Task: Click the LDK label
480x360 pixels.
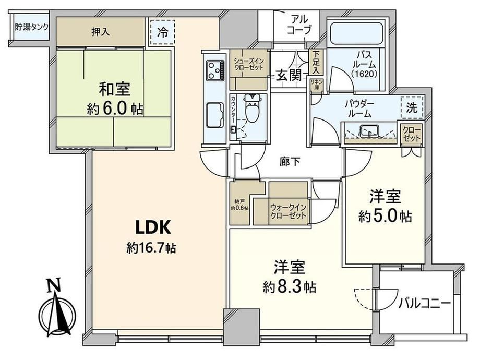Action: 152,227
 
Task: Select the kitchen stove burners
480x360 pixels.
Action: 215,70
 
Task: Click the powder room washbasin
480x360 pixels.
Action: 369,131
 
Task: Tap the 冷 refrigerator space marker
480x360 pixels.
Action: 163,32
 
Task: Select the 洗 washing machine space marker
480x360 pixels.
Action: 412,107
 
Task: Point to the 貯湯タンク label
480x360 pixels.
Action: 31,27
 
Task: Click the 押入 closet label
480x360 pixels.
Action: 100,32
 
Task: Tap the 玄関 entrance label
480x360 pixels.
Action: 289,75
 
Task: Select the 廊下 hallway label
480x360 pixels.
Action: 290,162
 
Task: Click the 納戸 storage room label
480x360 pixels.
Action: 239,205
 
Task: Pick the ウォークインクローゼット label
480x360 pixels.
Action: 288,211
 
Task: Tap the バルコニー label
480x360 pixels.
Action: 424,303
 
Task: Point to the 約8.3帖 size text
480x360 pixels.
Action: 289,287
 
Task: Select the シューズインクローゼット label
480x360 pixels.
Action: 248,64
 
